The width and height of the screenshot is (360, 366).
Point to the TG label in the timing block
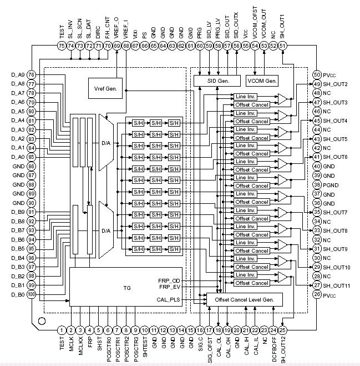128,288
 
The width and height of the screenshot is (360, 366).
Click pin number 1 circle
61,330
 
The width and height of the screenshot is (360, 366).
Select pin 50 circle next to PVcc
317,75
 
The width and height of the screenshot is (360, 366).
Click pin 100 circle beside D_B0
31,294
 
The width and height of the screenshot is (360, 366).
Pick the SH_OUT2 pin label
337,84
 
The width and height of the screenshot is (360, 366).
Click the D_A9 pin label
17,74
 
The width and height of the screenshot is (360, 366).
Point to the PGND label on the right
332,184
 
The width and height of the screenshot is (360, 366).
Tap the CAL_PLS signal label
167,299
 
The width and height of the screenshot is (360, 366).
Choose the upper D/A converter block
106,143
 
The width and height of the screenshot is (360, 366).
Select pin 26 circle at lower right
317,294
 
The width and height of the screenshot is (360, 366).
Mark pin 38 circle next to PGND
317,184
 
